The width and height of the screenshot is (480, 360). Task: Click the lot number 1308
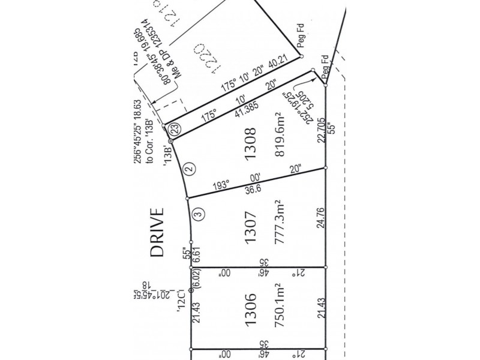point(252,142)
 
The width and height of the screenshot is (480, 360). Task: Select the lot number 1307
point(252,227)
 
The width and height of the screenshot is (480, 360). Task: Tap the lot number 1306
point(252,310)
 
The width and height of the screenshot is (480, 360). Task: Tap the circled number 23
point(174,128)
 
